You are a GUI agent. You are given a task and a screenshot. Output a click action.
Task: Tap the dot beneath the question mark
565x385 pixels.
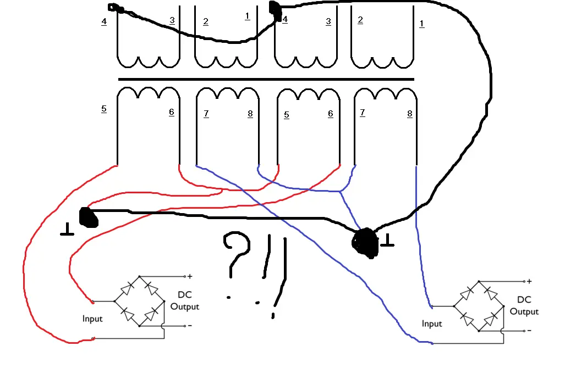(x=229, y=298)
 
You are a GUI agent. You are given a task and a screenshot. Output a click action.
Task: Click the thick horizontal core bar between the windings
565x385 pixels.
(x=266, y=79)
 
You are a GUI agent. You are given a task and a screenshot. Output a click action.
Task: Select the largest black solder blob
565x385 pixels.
(x=366, y=243)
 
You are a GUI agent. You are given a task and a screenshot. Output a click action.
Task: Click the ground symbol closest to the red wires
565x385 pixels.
(x=67, y=230)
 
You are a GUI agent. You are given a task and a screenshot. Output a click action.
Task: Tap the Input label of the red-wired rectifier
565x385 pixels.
(x=92, y=319)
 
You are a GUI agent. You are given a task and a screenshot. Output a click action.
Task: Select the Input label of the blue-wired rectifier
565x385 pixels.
(x=432, y=323)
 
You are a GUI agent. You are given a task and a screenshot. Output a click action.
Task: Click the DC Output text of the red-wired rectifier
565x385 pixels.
(x=185, y=301)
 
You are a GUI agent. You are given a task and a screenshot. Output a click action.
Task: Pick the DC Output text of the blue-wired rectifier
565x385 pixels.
(x=524, y=306)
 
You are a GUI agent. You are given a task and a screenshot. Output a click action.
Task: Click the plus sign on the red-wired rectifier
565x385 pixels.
(x=190, y=276)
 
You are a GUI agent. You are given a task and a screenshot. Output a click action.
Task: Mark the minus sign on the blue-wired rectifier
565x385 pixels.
(x=529, y=331)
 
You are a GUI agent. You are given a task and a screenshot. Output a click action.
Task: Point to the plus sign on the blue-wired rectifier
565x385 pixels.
(x=529, y=281)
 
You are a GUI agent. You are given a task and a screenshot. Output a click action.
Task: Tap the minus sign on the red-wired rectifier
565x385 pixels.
(x=190, y=326)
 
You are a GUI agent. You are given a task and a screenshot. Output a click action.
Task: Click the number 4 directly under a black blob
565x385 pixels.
(x=285, y=20)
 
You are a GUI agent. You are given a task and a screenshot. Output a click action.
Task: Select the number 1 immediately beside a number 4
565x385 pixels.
(x=248, y=16)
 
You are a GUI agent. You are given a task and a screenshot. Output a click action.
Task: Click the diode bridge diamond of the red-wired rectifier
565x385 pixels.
(x=139, y=301)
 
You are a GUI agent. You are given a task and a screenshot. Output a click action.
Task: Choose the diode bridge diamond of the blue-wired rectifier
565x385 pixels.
(x=478, y=306)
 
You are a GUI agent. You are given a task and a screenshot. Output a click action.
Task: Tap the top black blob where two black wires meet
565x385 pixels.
(x=273, y=8)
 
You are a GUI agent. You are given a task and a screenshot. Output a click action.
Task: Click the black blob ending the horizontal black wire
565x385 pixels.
(x=88, y=217)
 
